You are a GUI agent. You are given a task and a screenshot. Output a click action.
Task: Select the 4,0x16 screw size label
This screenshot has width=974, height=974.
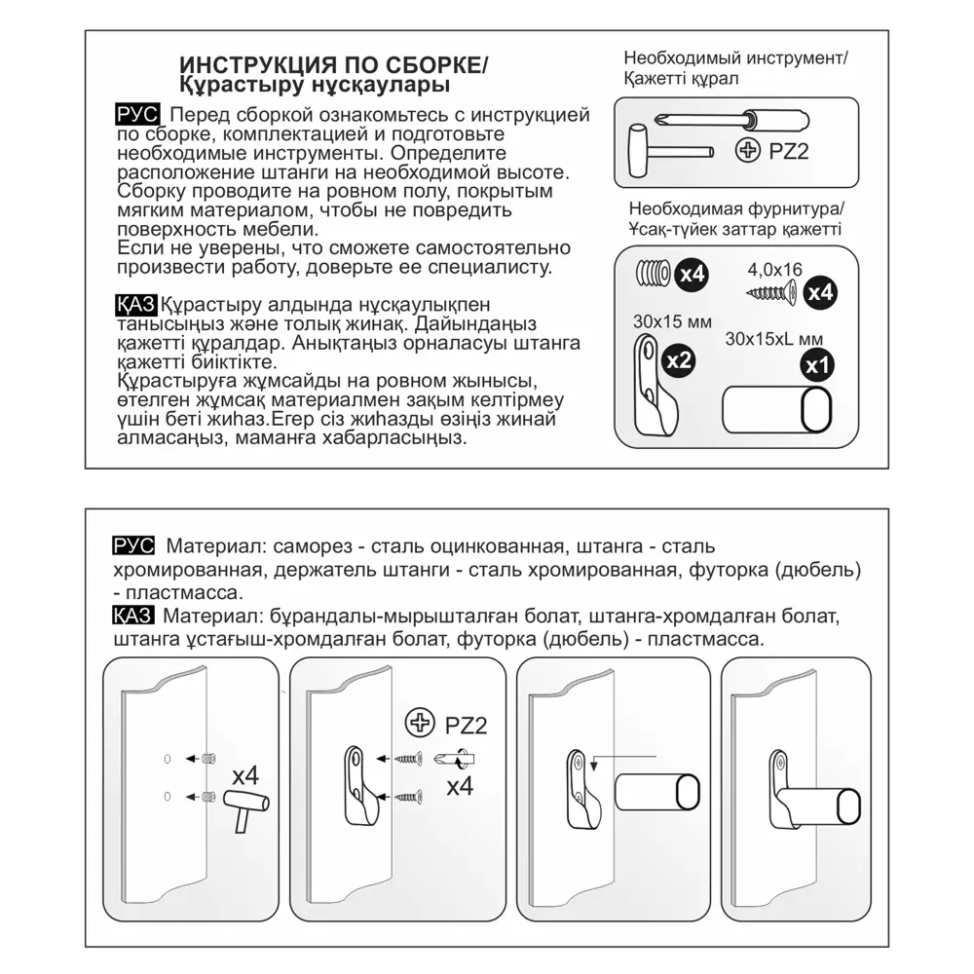click(x=774, y=268)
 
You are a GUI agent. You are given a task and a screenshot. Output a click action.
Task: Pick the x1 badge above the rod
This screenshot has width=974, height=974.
click(x=816, y=367)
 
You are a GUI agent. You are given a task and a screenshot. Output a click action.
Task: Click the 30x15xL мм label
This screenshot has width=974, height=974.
click(x=774, y=339)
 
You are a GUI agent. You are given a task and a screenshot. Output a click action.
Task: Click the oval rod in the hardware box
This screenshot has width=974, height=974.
click(x=779, y=409)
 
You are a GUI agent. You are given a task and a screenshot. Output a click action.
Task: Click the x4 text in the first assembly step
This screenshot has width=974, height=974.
click(x=245, y=775)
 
